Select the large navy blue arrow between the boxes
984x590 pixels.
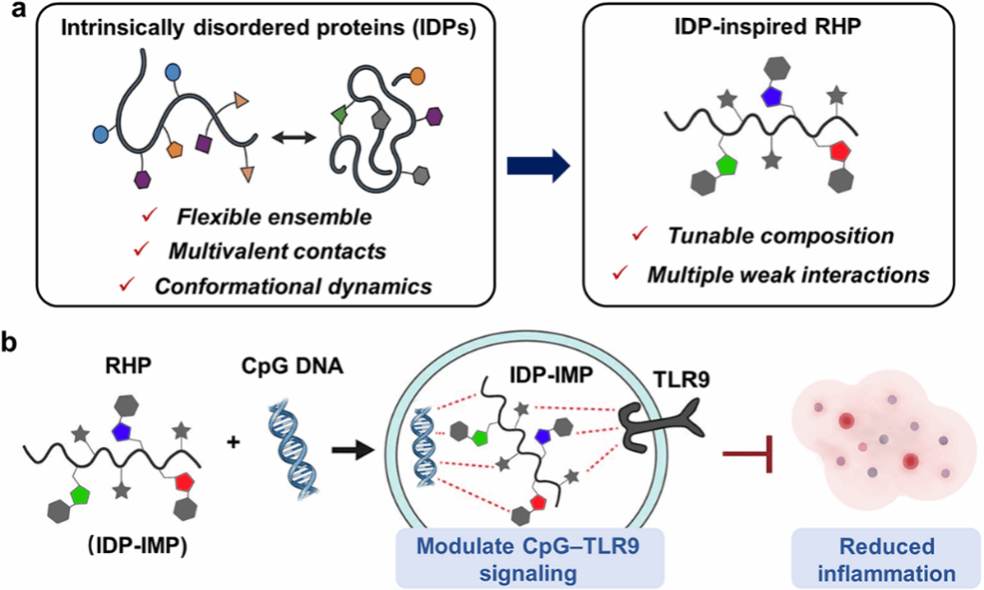pyautogui.click(x=538, y=166)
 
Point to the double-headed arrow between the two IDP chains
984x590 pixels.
pyautogui.click(x=294, y=137)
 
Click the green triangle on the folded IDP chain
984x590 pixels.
pyautogui.click(x=338, y=114)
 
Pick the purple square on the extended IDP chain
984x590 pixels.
pyautogui.click(x=203, y=144)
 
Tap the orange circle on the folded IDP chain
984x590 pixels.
pyautogui.click(x=417, y=77)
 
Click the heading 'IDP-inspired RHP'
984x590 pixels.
pyautogui.click(x=768, y=28)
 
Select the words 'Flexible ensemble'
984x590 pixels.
pyautogui.click(x=274, y=217)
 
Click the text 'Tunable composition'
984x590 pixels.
pyautogui.click(x=781, y=236)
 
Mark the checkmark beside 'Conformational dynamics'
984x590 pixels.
pyautogui.click(x=127, y=284)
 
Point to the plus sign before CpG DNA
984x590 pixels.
pyautogui.click(x=233, y=442)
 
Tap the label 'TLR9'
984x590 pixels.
pyautogui.click(x=681, y=380)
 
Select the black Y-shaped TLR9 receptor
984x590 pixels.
pyautogui.click(x=659, y=429)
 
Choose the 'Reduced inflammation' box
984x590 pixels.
pyautogui.click(x=886, y=558)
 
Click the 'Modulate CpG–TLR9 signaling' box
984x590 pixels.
pyautogui.click(x=530, y=558)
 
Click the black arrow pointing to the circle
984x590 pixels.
pyautogui.click(x=353, y=449)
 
